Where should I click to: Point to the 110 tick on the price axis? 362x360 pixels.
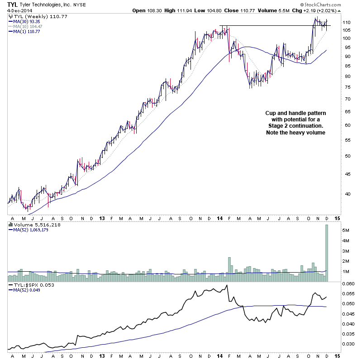(x=334, y=22)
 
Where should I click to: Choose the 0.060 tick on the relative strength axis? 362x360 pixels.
(x=335, y=284)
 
